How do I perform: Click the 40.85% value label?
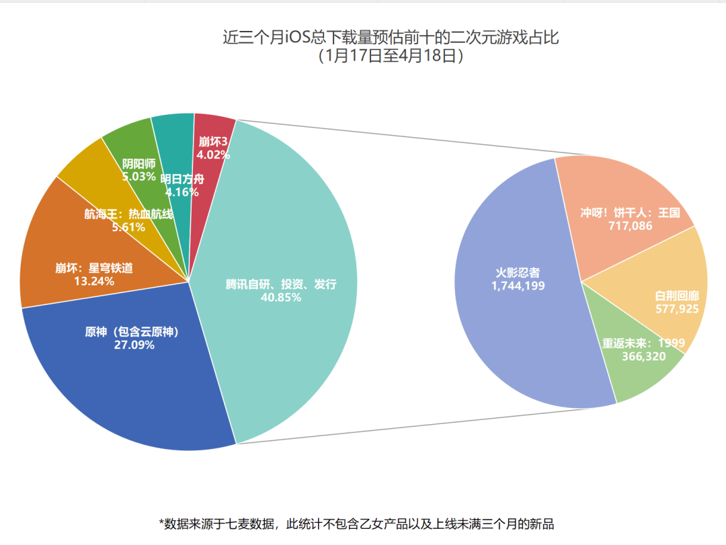click(x=280, y=297)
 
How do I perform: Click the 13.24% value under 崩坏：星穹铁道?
click(x=93, y=281)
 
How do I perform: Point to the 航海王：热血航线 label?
click(x=128, y=214)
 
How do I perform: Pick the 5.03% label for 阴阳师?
click(x=139, y=177)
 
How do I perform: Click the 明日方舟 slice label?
click(x=182, y=179)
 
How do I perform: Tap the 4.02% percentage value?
click(x=213, y=155)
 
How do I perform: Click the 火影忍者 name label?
click(x=518, y=273)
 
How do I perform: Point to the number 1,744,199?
click(x=518, y=286)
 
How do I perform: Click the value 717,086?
click(x=630, y=226)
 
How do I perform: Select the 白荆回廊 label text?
click(x=677, y=296)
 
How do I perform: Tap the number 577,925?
click(x=677, y=309)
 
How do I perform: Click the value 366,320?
click(x=643, y=356)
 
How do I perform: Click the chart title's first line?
click(x=391, y=37)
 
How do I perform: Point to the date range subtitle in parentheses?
click(x=391, y=56)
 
